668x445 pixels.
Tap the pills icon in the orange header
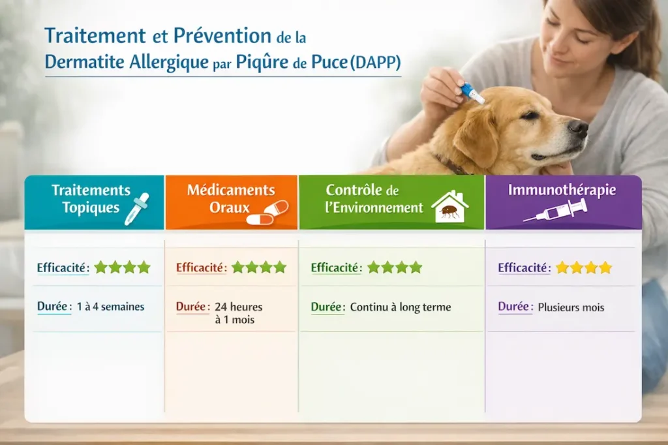tap(267, 213)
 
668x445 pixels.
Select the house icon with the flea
tap(449, 207)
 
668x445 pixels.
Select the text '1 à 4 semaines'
tap(110, 306)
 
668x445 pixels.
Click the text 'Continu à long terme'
tap(401, 307)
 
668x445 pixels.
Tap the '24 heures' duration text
tap(239, 307)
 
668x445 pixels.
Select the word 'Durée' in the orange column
tap(192, 306)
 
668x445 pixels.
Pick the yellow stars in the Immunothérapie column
tap(584, 268)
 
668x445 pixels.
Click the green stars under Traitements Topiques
tap(122, 267)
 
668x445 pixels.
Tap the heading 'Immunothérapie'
tap(562, 191)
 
